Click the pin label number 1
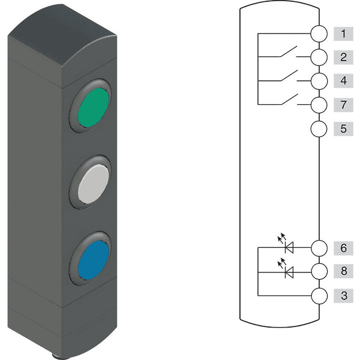(343, 34)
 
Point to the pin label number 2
(343, 58)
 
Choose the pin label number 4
(343, 80)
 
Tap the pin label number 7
(343, 104)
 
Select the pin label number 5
(343, 128)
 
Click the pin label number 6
(343, 248)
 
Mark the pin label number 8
(343, 271)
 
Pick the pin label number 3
(343, 295)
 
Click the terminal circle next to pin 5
(320, 128)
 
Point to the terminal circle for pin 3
(320, 295)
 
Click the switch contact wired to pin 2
(289, 53)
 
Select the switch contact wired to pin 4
(289, 76)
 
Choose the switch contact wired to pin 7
(289, 100)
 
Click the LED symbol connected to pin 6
(289, 246)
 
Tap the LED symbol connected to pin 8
(289, 271)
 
